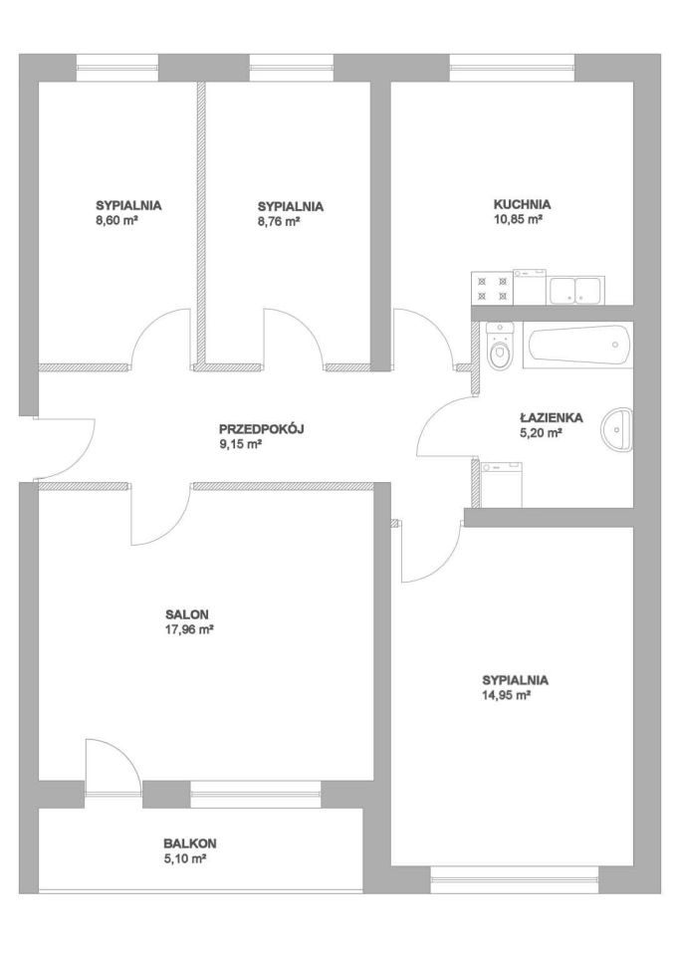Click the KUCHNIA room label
[522, 204]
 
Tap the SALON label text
[187, 614]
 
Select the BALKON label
[189, 843]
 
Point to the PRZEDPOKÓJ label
[261, 429]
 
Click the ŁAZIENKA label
[552, 418]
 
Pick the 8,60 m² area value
[115, 221]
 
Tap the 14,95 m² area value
[506, 695]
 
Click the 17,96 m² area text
[188, 629]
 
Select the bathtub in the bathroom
[578, 345]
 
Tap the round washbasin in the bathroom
[618, 429]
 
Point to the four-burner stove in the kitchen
[493, 288]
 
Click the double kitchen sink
[576, 290]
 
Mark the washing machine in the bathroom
[502, 485]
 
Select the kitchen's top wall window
[512, 68]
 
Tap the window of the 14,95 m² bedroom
[516, 879]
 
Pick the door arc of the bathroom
[446, 426]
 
